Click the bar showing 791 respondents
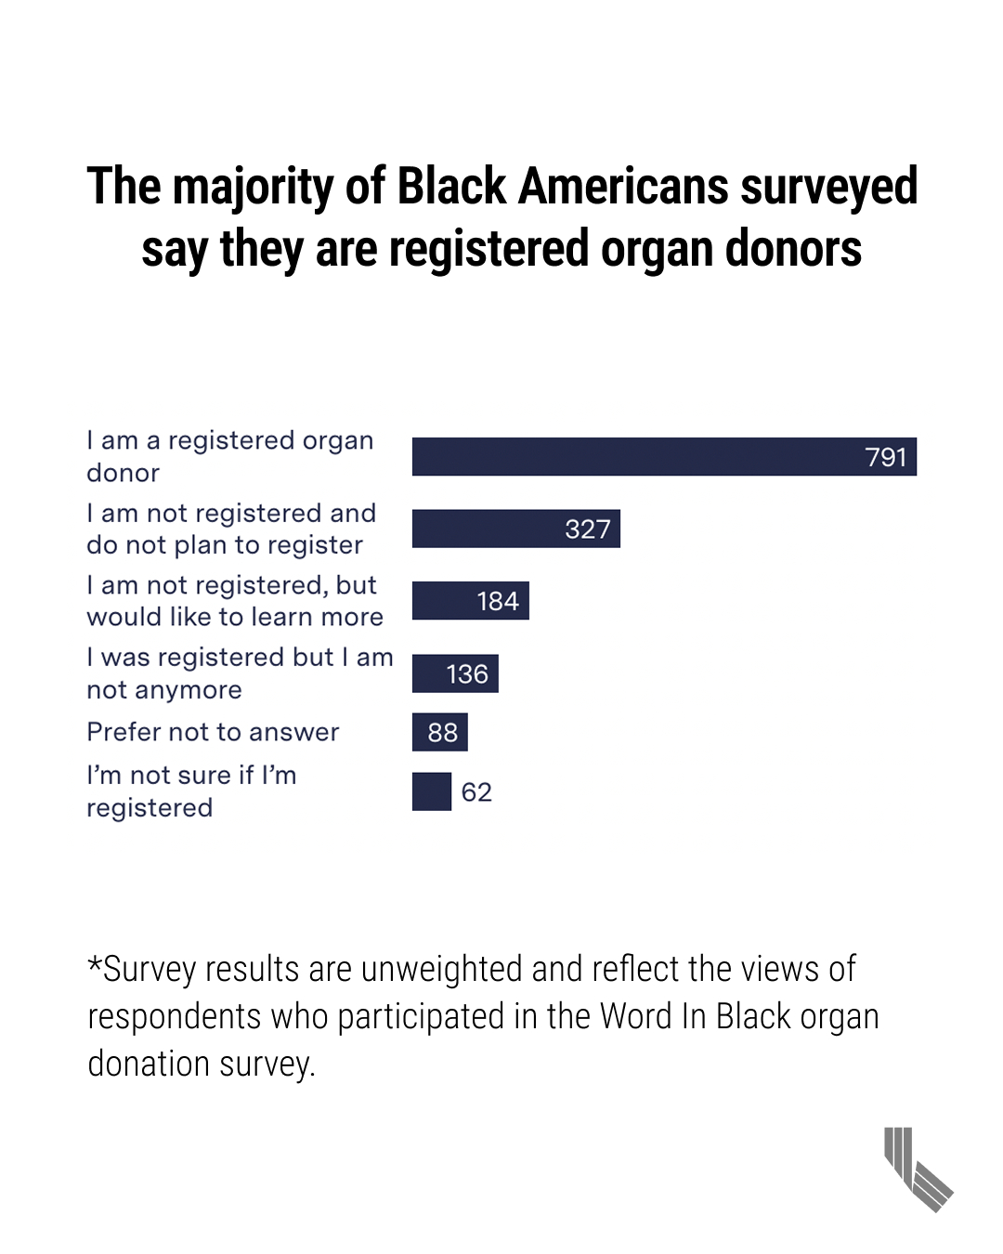click(664, 456)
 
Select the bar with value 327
click(515, 529)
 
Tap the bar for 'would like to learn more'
click(470, 601)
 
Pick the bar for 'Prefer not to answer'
click(439, 732)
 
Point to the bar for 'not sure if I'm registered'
click(432, 791)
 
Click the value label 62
click(476, 792)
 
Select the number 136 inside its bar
click(467, 674)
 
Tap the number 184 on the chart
click(498, 602)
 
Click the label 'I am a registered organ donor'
click(229, 456)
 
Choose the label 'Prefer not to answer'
click(213, 732)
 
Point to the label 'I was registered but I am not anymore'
click(240, 673)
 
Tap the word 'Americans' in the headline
click(623, 186)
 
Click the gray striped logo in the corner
click(918, 1169)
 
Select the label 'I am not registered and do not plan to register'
click(231, 529)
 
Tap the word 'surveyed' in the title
click(829, 188)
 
